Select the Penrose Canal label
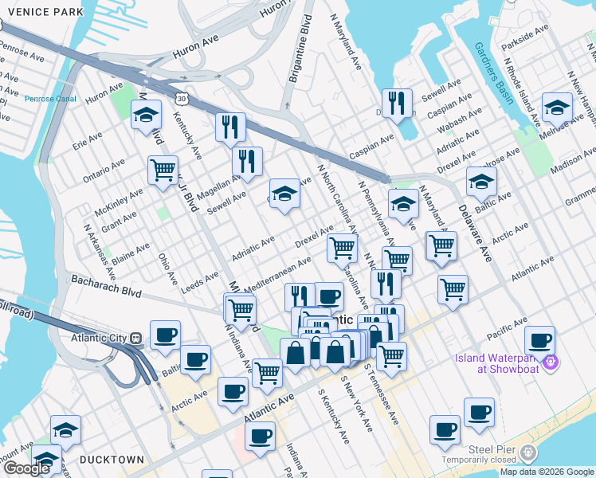tap(50, 99)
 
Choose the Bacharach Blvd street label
tap(105, 286)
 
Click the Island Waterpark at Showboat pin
tap(550, 363)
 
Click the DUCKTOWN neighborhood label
tap(112, 460)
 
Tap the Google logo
tap(26, 468)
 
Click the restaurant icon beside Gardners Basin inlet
tap(396, 103)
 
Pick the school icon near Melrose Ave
tap(556, 108)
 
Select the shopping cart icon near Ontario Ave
tap(163, 170)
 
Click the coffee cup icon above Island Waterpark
tap(539, 340)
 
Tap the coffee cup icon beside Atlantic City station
tap(165, 335)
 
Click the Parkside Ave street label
tap(526, 40)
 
